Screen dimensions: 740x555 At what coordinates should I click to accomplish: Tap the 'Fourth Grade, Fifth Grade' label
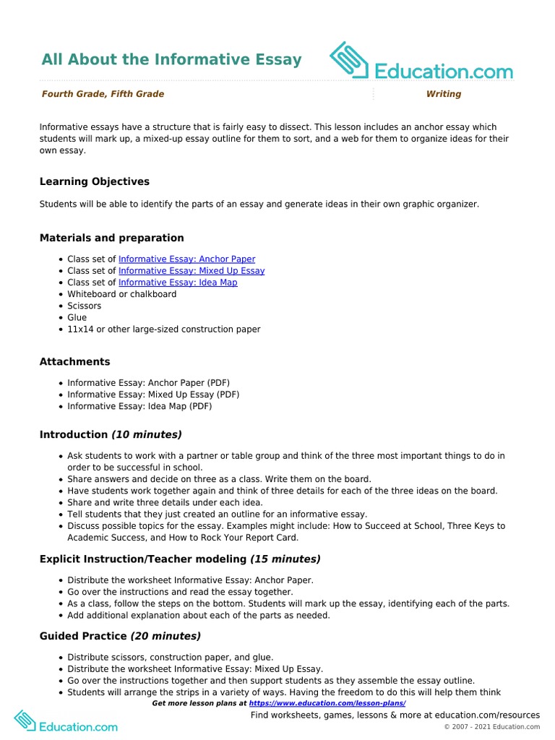point(103,94)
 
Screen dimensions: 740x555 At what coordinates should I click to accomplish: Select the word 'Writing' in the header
point(443,94)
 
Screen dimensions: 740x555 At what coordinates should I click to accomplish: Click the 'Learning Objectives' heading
point(95,181)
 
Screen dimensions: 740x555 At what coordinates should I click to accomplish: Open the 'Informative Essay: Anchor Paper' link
point(186,259)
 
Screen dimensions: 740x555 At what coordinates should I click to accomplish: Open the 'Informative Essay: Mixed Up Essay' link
point(192,271)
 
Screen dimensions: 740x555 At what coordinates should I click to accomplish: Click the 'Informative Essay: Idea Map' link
point(178,283)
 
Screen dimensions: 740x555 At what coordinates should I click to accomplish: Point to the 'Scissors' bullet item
point(85,306)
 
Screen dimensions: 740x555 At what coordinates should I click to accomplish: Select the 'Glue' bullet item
point(77,317)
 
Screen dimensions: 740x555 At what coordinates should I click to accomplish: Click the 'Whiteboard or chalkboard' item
point(121,294)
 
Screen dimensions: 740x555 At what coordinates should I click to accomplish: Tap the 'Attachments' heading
point(75,361)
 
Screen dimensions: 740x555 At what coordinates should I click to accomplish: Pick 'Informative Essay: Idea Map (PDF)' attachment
point(139,406)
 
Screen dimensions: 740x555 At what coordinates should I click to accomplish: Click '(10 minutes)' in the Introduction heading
point(146,434)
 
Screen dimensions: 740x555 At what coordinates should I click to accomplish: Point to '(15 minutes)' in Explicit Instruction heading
point(285,559)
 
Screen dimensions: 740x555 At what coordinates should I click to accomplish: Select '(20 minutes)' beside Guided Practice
point(165,636)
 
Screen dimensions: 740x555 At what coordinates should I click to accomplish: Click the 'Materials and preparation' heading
point(112,238)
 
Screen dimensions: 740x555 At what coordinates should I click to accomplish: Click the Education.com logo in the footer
point(66,721)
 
